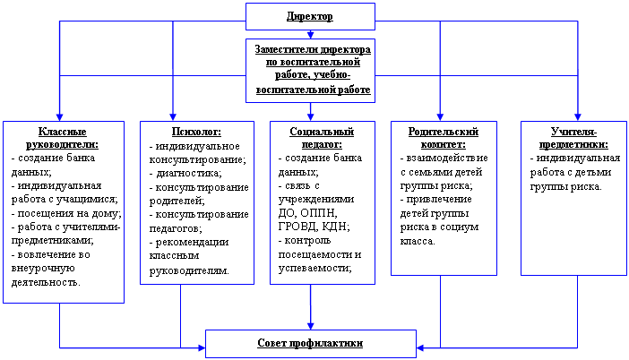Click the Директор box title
(310, 16)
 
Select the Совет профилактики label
(310, 343)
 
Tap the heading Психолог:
(196, 132)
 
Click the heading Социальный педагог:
(322, 138)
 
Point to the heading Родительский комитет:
(444, 138)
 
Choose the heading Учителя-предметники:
(573, 138)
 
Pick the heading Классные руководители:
(62, 138)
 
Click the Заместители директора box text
(313, 69)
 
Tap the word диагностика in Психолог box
(187, 173)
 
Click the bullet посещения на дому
(66, 213)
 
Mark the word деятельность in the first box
(46, 282)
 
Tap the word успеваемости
(314, 268)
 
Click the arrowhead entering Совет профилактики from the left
(202, 347)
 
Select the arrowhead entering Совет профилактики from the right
(420, 347)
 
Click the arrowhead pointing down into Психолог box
(173, 117)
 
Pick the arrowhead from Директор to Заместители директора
(310, 35)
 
